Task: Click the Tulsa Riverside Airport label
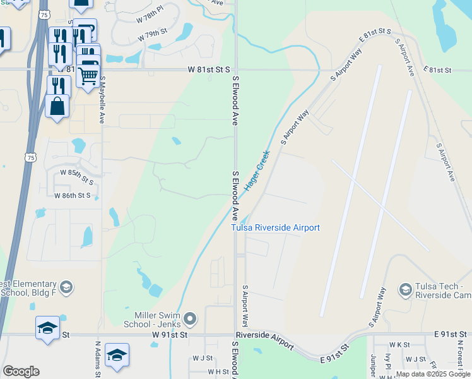pos(275,228)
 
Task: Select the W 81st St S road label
pos(209,70)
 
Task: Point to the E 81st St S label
pos(375,30)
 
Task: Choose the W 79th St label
pos(153,32)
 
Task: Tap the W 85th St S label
pos(80,172)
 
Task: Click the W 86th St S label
pos(73,196)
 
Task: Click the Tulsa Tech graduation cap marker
pos(406,290)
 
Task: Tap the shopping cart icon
pos(88,76)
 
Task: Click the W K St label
pos(400,345)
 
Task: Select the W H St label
pos(218,372)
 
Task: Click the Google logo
pos(21,371)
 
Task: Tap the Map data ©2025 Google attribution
pos(433,374)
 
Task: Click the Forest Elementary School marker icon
pos(66,288)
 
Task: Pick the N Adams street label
pos(98,360)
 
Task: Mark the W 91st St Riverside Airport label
pos(264,339)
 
